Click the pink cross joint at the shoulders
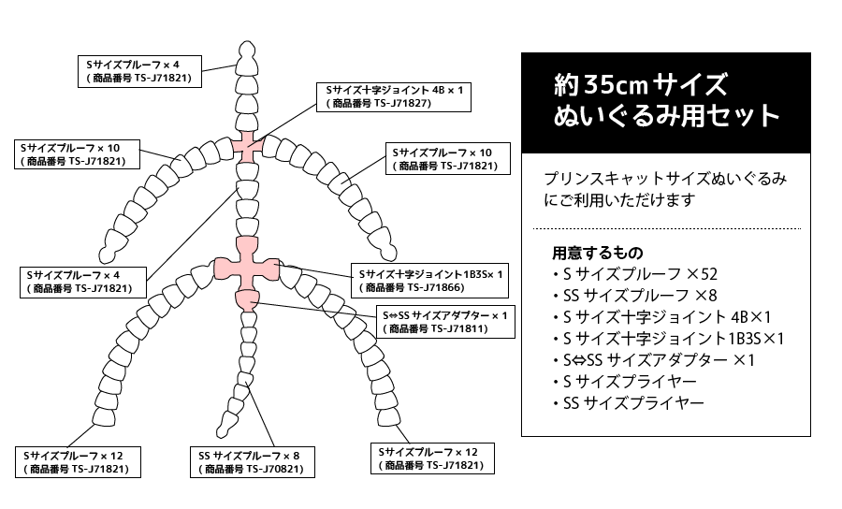click(247, 147)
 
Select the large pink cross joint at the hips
click(247, 267)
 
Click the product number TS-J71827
click(402, 104)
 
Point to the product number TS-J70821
click(275, 470)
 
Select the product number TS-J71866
click(435, 288)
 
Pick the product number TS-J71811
click(458, 328)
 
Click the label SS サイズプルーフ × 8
click(249, 456)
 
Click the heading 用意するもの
click(597, 253)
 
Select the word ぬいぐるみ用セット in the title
click(666, 116)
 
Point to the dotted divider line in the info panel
click(666, 228)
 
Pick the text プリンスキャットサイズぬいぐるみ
click(665, 179)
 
